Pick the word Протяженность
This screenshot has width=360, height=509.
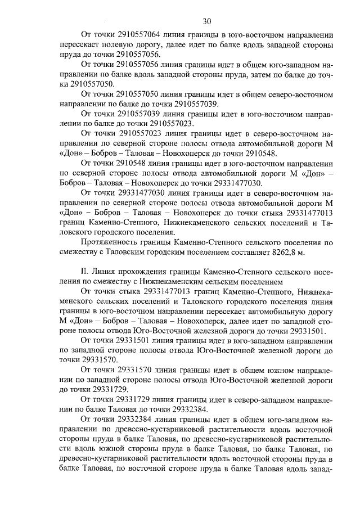tap(110, 243)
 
